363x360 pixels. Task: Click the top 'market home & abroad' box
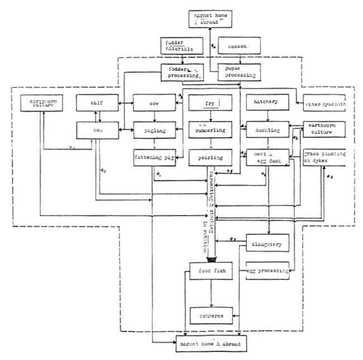pyautogui.click(x=210, y=18)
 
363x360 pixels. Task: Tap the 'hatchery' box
pyautogui.click(x=267, y=104)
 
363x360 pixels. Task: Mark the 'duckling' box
pyautogui.click(x=267, y=130)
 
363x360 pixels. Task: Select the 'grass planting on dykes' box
pyautogui.click(x=324, y=157)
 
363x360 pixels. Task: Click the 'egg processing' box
pyautogui.click(x=268, y=271)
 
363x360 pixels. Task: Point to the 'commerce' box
pyautogui.click(x=210, y=315)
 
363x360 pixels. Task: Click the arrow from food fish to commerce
pyautogui.click(x=210, y=294)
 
